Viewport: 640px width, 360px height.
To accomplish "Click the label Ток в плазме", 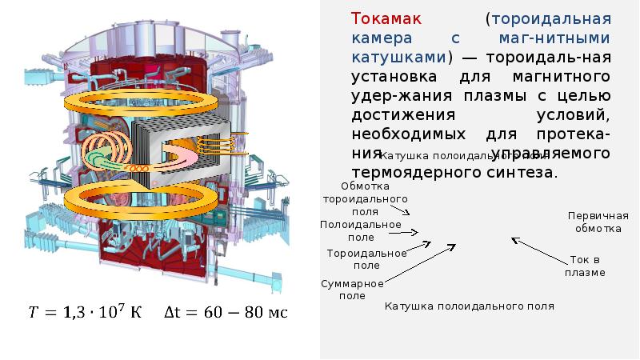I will click(x=585, y=266).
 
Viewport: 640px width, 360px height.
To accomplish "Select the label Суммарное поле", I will click(x=353, y=290).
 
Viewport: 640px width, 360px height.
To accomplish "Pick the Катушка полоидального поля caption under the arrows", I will click(x=469, y=306).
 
